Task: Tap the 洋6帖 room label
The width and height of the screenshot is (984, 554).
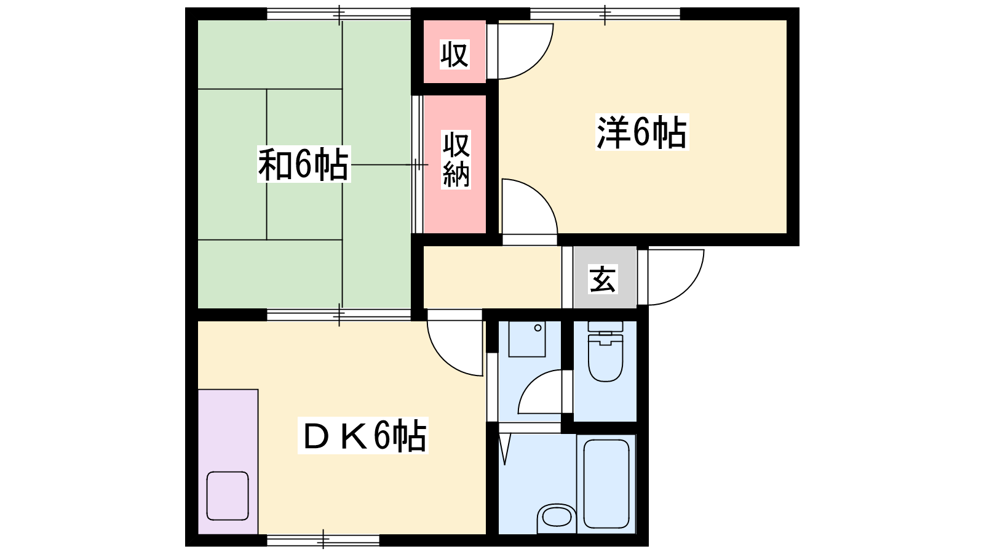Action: point(642,132)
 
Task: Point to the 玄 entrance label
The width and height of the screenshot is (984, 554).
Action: point(603,279)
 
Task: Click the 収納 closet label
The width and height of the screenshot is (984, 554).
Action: point(456,159)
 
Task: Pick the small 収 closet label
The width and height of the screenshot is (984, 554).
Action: point(454,54)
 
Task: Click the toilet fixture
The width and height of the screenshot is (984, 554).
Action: point(605,351)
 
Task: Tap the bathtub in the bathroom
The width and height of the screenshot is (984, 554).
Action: point(606,484)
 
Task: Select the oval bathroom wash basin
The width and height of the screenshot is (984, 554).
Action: point(557,518)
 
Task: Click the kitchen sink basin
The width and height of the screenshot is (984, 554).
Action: point(228,496)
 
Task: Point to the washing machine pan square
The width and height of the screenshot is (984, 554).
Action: point(526,339)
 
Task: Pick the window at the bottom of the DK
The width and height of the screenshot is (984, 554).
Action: point(323,540)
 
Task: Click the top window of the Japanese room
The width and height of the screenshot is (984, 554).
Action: point(339,14)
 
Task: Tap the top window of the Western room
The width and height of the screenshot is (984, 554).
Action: point(605,14)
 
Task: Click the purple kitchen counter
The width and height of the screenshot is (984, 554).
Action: point(228,462)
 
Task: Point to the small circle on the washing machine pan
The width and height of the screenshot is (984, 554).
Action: point(538,328)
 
